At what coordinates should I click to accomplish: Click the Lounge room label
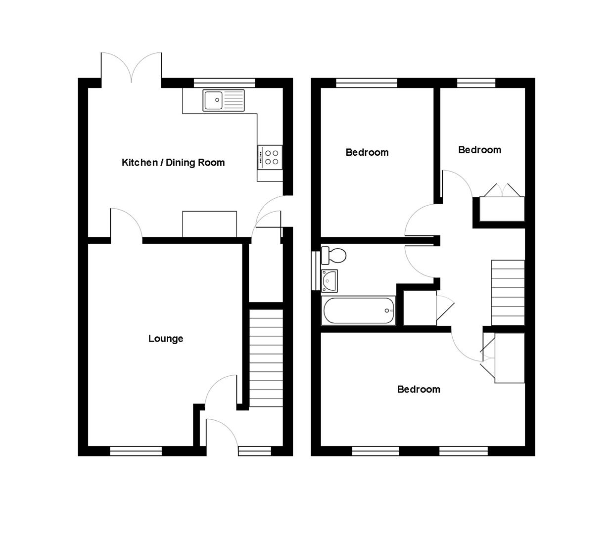click(166, 339)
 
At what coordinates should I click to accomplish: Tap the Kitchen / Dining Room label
click(173, 163)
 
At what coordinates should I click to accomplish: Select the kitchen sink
click(223, 100)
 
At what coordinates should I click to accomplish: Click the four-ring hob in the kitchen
click(270, 157)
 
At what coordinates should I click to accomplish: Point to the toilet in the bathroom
click(334, 256)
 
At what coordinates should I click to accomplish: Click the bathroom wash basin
click(330, 281)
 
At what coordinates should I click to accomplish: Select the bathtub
click(358, 311)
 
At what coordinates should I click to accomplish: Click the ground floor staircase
click(266, 358)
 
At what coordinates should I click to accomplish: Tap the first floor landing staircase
click(508, 292)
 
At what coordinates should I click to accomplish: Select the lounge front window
click(136, 450)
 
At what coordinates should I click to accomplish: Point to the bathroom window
click(315, 270)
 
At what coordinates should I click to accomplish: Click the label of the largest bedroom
click(419, 390)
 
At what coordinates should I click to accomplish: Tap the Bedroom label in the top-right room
click(479, 150)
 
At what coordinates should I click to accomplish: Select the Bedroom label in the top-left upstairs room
click(367, 152)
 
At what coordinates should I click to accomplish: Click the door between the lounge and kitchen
click(126, 225)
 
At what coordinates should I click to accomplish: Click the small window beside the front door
click(254, 450)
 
